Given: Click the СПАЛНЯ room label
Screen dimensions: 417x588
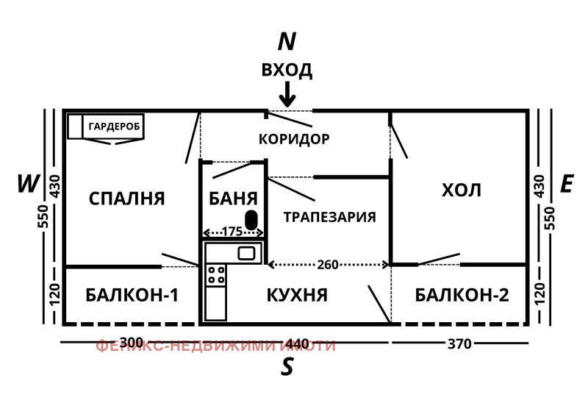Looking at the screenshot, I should pyautogui.click(x=126, y=199).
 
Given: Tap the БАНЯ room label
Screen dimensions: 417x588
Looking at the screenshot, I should pyautogui.click(x=233, y=199).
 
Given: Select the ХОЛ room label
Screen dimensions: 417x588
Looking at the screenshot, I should pyautogui.click(x=461, y=190).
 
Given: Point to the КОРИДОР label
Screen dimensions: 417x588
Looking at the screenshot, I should pyautogui.click(x=294, y=139).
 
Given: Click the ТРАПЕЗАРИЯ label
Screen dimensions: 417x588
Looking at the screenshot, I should pyautogui.click(x=329, y=217).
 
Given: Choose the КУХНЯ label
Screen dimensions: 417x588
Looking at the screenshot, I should pyautogui.click(x=296, y=296).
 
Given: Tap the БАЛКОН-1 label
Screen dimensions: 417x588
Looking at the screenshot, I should pyautogui.click(x=132, y=296).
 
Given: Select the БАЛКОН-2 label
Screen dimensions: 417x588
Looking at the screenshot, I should pyautogui.click(x=462, y=296).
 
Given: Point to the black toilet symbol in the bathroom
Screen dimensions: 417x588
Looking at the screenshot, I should pyautogui.click(x=251, y=219).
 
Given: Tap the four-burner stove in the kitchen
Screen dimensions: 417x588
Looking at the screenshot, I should pyautogui.click(x=215, y=275).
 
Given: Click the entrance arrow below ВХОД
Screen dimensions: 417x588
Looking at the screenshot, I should pyautogui.click(x=287, y=94).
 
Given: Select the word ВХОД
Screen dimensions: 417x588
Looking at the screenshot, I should pyautogui.click(x=287, y=71).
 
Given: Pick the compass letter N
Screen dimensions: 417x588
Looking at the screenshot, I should pyautogui.click(x=287, y=42).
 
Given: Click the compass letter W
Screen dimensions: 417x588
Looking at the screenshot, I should pyautogui.click(x=27, y=184).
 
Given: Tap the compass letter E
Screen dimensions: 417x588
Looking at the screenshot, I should pyautogui.click(x=566, y=184).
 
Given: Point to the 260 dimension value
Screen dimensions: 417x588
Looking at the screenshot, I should pyautogui.click(x=328, y=264).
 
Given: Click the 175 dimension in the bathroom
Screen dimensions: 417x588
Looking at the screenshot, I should pyautogui.click(x=232, y=232).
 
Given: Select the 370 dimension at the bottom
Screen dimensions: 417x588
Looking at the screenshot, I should pyautogui.click(x=460, y=343).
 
